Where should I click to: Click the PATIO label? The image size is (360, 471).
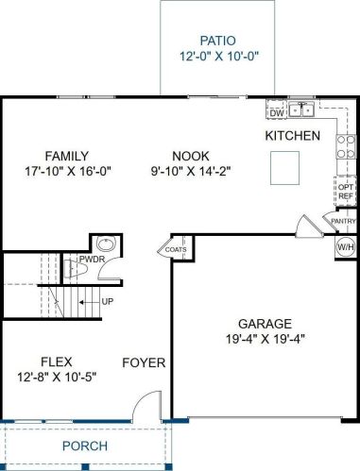point(217,41)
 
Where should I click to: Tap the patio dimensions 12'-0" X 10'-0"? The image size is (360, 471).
point(219,57)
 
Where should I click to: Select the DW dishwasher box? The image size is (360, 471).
point(277,112)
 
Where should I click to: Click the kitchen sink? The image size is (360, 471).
point(301,109)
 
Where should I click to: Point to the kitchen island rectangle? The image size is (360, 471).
point(284,168)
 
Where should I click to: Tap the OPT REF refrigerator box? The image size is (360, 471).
point(345,192)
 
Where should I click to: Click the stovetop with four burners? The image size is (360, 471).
point(346,146)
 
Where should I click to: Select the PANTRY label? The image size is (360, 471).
point(343,221)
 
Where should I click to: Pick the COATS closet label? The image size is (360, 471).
point(176,249)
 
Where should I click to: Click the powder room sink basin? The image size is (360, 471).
point(106,244)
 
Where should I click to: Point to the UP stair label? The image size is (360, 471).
point(108,301)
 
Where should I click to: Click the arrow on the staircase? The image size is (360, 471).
point(89,302)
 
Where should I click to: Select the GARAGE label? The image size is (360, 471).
point(265,324)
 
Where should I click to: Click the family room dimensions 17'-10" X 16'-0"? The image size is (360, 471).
point(68,172)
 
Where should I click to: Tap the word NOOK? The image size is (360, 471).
point(191,156)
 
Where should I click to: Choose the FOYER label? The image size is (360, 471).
point(144,362)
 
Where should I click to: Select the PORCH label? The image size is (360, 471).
point(85,446)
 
